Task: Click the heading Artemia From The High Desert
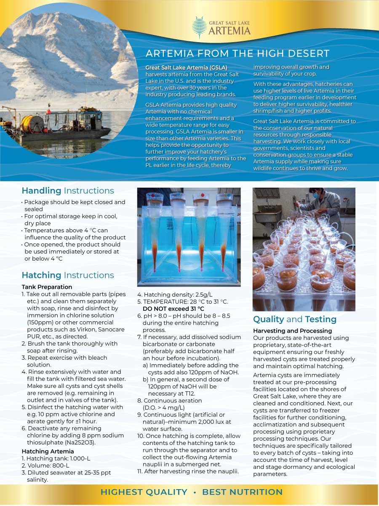click(x=238, y=54)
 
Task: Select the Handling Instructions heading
click(x=68, y=191)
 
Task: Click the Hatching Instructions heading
click(x=68, y=275)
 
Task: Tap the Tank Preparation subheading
click(x=47, y=287)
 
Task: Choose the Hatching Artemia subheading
click(x=48, y=451)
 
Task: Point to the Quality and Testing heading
click(x=295, y=319)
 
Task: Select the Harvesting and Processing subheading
click(x=292, y=331)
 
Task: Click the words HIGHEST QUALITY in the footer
click(x=144, y=492)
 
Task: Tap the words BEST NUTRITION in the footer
click(x=242, y=492)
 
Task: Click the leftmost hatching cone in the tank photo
click(x=155, y=232)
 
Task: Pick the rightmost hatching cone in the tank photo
click(x=224, y=232)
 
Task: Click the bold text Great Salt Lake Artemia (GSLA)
click(x=186, y=67)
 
